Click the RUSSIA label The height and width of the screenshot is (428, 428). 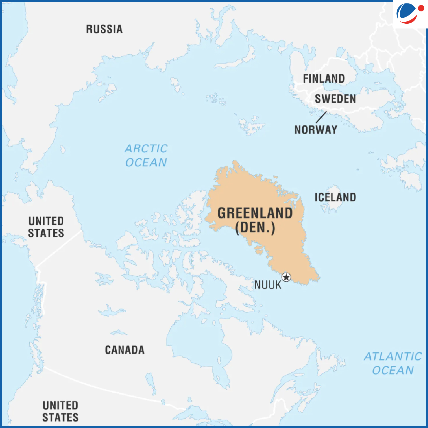point(104,29)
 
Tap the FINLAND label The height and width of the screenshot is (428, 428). point(324,79)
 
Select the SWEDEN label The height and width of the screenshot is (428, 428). point(335,99)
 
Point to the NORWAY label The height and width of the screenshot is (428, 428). point(316,130)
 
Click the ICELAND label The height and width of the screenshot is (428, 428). point(335,197)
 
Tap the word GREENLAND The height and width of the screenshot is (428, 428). point(255,213)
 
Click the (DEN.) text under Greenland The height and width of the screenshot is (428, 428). point(255,228)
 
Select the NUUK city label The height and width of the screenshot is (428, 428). point(267,285)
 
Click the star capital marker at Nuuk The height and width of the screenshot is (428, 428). point(286,277)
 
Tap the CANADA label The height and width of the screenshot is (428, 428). point(125,350)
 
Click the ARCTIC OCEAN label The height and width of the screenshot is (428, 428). point(146,155)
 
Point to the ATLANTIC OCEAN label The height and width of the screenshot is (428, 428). point(393,363)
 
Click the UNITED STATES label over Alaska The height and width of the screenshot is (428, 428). point(46,227)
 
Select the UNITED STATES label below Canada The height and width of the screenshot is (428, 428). point(60,411)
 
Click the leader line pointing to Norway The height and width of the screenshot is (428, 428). point(321,117)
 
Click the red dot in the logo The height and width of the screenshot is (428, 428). point(421,9)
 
